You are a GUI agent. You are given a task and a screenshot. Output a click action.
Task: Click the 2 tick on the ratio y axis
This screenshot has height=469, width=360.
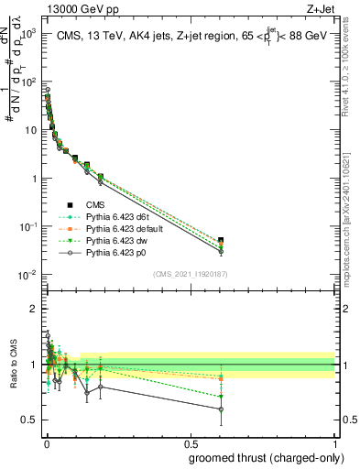(32, 309)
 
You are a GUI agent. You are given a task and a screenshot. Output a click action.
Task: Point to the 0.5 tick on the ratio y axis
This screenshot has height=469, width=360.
(28, 420)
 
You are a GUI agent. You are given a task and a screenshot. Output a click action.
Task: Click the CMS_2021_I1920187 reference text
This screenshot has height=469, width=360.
(190, 273)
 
